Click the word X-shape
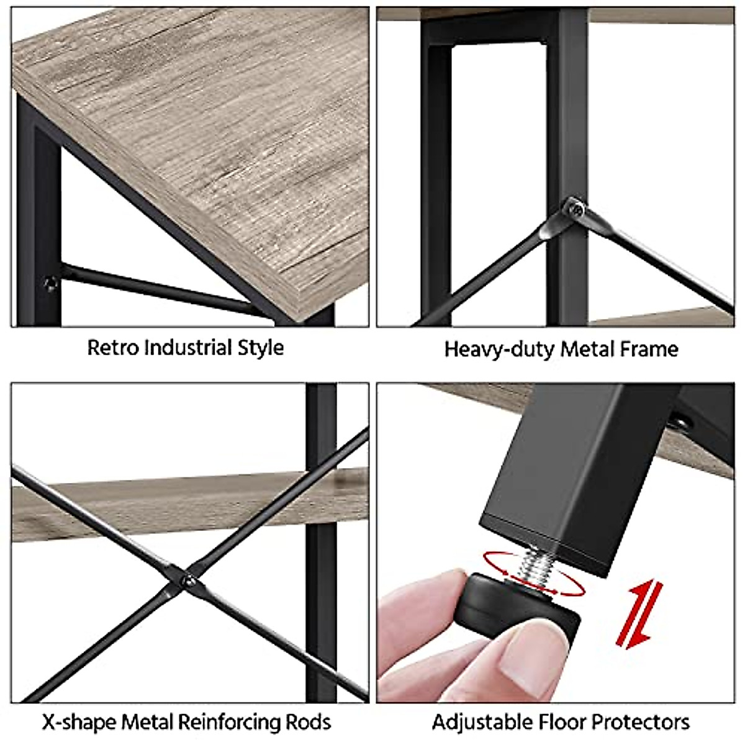pos(79,722)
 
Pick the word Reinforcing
pos(228,722)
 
